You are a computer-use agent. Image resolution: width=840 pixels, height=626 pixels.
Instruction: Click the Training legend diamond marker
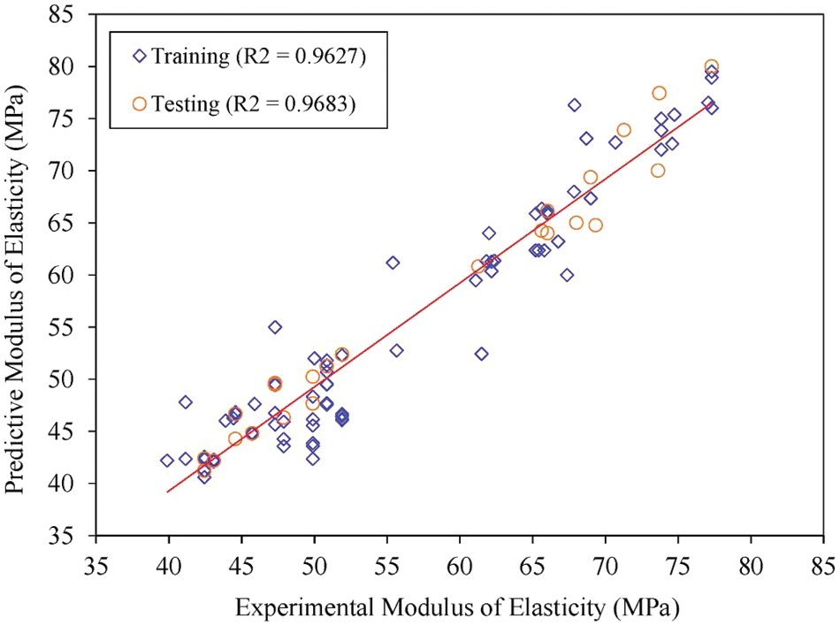click(x=140, y=57)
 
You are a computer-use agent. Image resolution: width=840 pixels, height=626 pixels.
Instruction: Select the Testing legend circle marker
click(x=140, y=103)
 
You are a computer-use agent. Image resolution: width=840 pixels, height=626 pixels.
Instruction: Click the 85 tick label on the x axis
click(x=823, y=563)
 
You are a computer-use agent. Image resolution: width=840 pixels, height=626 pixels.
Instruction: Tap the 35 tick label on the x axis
click(x=95, y=563)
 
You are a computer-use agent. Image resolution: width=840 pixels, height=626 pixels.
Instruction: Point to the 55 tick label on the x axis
click(x=386, y=563)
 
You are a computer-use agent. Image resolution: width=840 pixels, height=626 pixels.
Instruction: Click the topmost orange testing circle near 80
click(x=712, y=67)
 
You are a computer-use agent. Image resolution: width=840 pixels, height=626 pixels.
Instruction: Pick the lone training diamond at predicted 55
click(x=275, y=327)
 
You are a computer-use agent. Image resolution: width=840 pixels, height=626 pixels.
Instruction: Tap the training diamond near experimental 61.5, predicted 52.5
click(x=482, y=354)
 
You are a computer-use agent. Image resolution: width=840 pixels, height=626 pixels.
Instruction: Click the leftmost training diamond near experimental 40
click(x=167, y=461)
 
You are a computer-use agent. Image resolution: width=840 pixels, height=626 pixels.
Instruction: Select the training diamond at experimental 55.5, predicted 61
click(x=393, y=263)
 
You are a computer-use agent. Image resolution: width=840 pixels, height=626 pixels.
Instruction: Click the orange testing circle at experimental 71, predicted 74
click(x=624, y=130)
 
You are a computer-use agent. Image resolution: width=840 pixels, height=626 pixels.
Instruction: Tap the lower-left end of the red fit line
click(x=166, y=492)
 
